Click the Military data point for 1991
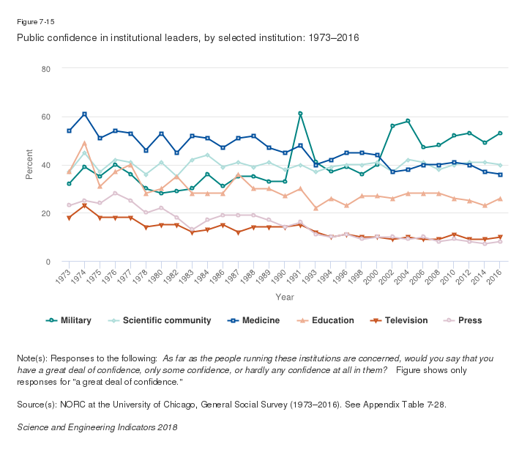click(300, 114)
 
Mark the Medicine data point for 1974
click(84, 114)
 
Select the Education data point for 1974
click(84, 143)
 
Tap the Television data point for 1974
click(84, 206)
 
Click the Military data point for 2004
click(408, 121)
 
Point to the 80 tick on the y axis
click(46, 69)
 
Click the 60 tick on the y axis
click(46, 117)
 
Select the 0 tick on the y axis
click(48, 262)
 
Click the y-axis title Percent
click(29, 165)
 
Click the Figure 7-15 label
click(35, 21)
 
